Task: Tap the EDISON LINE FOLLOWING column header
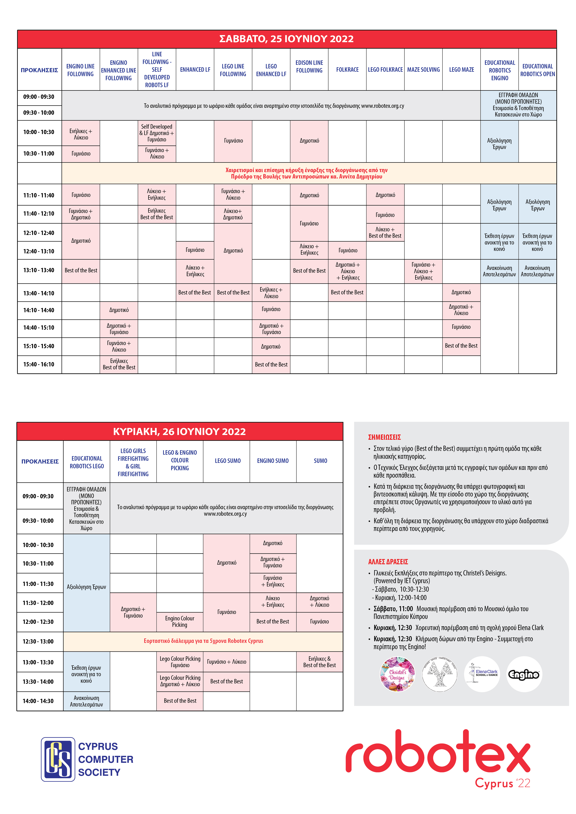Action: pyautogui.click(x=309, y=66)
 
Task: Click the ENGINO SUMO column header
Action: pyautogui.click(x=273, y=461)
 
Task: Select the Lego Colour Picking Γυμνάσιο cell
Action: pyautogui.click(x=180, y=662)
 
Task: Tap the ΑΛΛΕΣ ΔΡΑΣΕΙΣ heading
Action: pyautogui.click(x=388, y=562)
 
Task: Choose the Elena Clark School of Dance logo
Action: pyautogui.click(x=482, y=674)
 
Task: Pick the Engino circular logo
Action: pyautogui.click(x=524, y=674)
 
